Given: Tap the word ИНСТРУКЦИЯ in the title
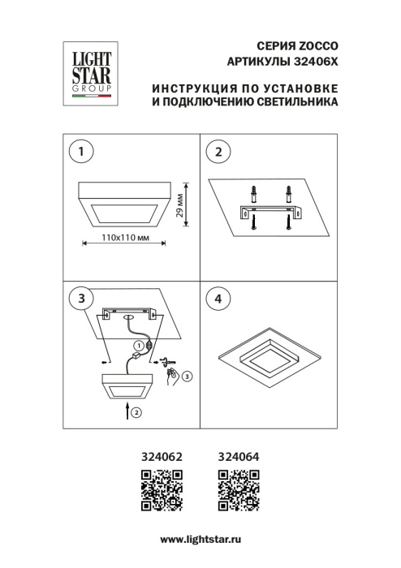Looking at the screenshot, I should point(192,88).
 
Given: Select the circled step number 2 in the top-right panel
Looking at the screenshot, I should point(217,150).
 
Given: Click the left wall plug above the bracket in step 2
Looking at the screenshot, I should point(254,196).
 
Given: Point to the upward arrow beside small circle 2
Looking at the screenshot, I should point(128,412).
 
